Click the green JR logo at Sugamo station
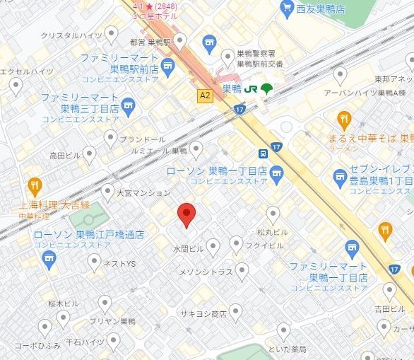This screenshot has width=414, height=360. tap(250, 88)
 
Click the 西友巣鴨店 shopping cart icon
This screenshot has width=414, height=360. tap(287, 8)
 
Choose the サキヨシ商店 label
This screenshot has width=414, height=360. tap(203, 313)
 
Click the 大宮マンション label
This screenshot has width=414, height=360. tap(143, 192)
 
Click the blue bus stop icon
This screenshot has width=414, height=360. tap(263, 153)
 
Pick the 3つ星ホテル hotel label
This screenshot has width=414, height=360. tap(155, 16)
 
